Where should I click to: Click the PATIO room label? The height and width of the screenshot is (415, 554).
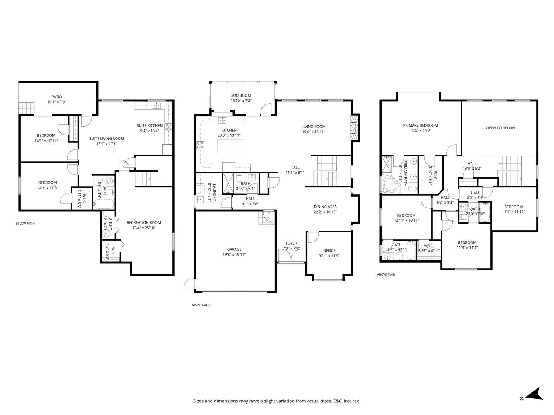click(x=57, y=97)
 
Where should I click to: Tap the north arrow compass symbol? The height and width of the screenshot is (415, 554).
click(x=534, y=394)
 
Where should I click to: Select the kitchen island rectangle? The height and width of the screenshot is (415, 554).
click(x=229, y=145)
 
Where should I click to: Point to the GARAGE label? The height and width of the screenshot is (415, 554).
click(x=234, y=249)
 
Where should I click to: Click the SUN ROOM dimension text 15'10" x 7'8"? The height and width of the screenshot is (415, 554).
click(x=241, y=101)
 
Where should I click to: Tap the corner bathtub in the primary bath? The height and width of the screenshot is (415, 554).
click(x=389, y=185)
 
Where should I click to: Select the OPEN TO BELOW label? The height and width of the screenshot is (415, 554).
click(x=500, y=128)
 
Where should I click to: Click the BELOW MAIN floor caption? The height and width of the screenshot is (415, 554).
click(x=25, y=223)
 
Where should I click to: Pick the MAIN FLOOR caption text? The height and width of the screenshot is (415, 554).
click(x=201, y=305)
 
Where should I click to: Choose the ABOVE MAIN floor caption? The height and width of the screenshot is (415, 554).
click(x=386, y=274)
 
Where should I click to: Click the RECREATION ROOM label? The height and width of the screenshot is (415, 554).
click(x=144, y=222)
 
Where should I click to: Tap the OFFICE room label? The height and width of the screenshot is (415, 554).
click(x=329, y=250)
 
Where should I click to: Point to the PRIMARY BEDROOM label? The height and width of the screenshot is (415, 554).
click(x=420, y=125)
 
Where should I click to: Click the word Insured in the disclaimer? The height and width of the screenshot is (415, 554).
click(x=352, y=401)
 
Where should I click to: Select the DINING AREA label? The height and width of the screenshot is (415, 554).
click(x=325, y=207)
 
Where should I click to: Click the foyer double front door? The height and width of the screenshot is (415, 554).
click(x=291, y=256)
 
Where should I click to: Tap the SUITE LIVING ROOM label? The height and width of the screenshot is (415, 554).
click(x=106, y=139)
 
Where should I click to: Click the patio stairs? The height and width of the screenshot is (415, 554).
click(x=27, y=108)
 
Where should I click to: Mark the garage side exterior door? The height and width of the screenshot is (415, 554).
click(x=189, y=284)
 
